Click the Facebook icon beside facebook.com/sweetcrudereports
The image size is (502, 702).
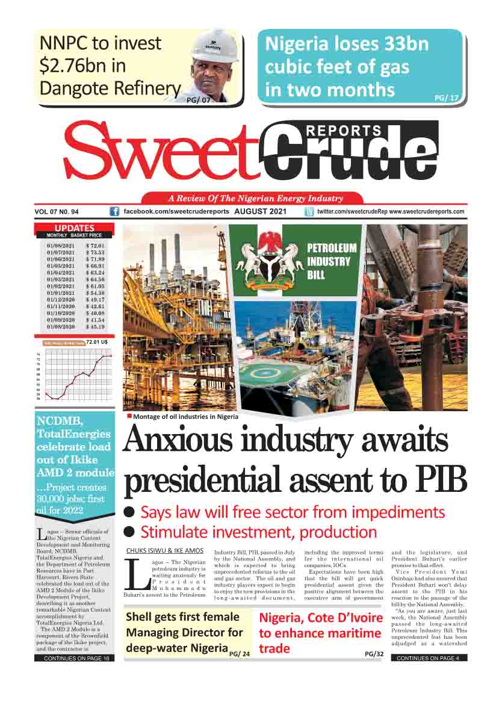coord(114,212)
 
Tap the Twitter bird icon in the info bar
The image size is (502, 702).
coord(309,212)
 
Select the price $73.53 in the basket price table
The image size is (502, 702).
coord(95,253)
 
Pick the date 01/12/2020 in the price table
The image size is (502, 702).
coord(61,299)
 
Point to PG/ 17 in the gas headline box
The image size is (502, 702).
coord(446,96)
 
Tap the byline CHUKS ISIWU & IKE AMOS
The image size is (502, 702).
coord(164,551)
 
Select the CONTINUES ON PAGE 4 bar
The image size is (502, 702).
coord(429,658)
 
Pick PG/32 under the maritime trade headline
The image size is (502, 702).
coord(374,653)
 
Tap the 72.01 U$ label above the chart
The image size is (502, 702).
coord(97,342)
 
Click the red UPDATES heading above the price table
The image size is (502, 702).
coord(75,228)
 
